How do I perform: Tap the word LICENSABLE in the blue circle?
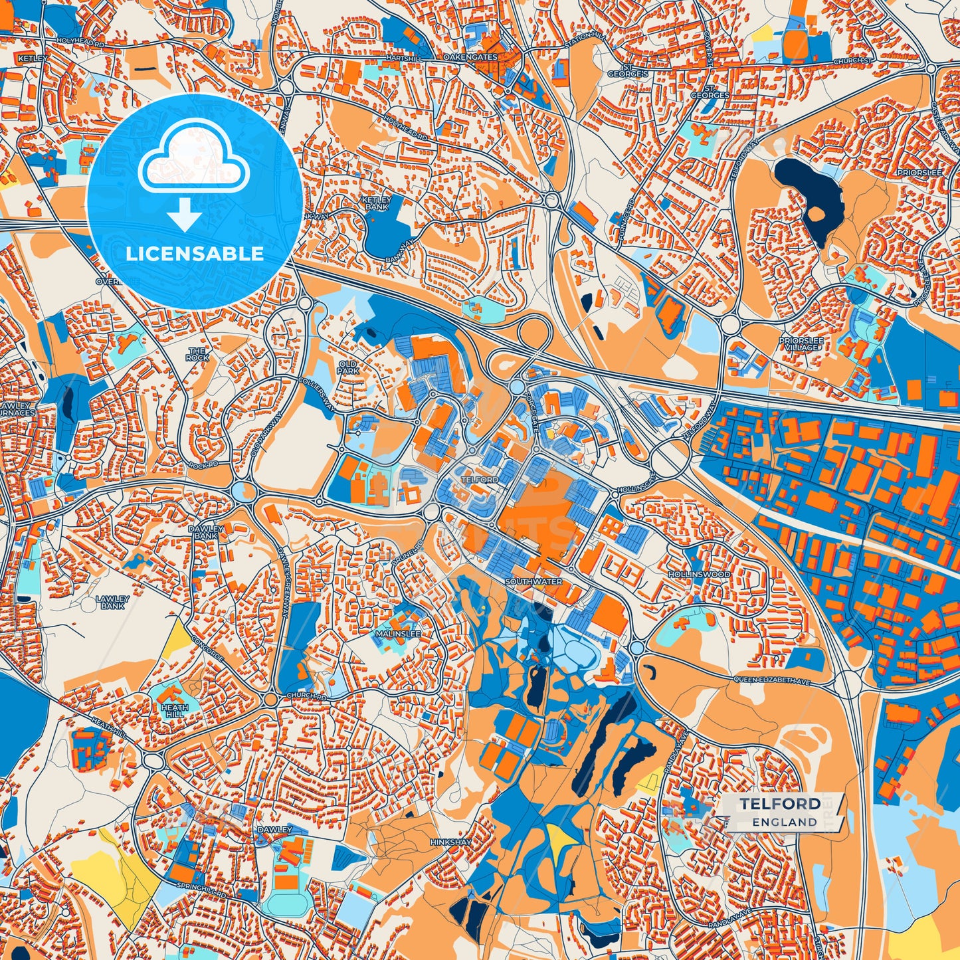pos(195,253)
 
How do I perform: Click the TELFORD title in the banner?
pos(780,803)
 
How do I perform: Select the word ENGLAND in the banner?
pos(785,822)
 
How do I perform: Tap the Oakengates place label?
pos(470,58)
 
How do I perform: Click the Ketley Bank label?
pos(376,203)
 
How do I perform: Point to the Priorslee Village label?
pos(801,343)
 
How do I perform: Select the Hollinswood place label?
pos(699,574)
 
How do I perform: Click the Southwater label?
pos(533,581)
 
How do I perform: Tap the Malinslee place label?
pos(398,634)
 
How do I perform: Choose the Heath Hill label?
pos(174,711)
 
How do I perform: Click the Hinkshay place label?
pos(450,842)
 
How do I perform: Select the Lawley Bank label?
pos(112,602)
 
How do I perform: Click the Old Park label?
pos(348,367)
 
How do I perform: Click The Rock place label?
pos(197,353)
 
